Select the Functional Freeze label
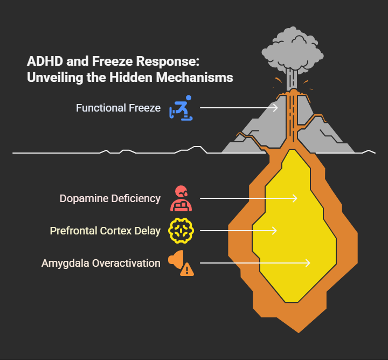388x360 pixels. (x=118, y=108)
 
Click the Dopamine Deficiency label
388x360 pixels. (x=110, y=198)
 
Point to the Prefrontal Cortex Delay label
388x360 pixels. (x=105, y=231)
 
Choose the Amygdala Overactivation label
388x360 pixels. (x=101, y=263)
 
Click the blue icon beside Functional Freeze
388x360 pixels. (x=181, y=108)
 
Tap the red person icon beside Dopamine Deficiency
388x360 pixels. (x=181, y=198)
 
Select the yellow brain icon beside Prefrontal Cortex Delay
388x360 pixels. (x=181, y=231)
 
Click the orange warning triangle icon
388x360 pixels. (x=187, y=269)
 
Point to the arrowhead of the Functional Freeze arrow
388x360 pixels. (x=276, y=108)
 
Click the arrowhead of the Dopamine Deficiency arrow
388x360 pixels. (x=295, y=198)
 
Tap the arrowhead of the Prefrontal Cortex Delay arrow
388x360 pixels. (x=275, y=231)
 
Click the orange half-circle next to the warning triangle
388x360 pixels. (x=174, y=260)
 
